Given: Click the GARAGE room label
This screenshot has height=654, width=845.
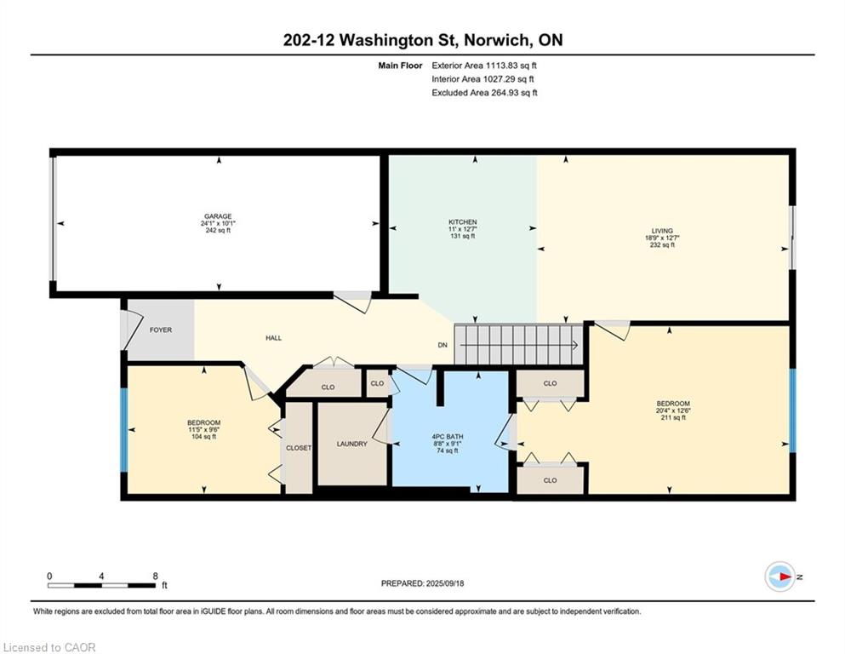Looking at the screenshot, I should [x=218, y=216].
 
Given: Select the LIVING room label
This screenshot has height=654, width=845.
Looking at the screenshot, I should [x=662, y=231].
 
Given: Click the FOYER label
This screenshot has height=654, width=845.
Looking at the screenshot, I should [x=161, y=330].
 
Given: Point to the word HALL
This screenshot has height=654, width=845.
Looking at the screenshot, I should [x=273, y=338].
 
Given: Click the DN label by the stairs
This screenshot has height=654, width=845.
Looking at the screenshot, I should [x=442, y=345].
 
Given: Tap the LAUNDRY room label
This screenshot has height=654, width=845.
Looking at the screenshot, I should [x=351, y=444].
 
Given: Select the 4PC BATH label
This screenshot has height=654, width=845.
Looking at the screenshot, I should [x=445, y=437].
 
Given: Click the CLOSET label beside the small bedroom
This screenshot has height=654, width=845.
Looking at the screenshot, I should [x=299, y=447].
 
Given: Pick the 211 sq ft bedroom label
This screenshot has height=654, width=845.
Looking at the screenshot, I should [x=672, y=404].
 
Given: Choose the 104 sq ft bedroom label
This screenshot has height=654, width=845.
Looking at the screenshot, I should [x=203, y=423].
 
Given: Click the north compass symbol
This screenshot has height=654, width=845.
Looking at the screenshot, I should [x=779, y=577].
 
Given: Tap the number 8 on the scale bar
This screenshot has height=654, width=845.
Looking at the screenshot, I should [x=154, y=577].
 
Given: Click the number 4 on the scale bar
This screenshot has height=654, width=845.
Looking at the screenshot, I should [x=101, y=577].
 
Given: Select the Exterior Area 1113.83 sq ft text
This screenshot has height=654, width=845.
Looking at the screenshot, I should [x=484, y=65].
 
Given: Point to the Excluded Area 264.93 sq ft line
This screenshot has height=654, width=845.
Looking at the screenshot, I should [x=484, y=93].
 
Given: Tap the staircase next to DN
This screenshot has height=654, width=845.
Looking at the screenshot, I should [x=519, y=345].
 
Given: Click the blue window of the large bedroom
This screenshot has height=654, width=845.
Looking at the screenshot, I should [x=792, y=410].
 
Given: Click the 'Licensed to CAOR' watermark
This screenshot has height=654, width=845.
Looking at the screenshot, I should [x=50, y=647].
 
